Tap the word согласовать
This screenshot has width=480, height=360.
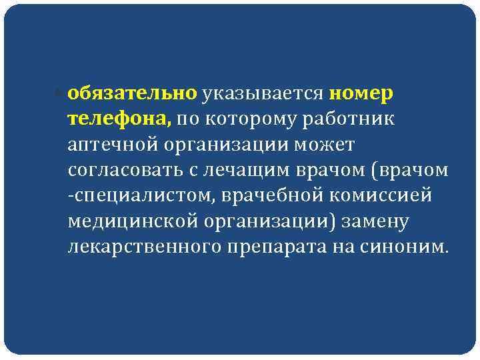[123, 171]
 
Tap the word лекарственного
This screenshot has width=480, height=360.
[138, 247]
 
